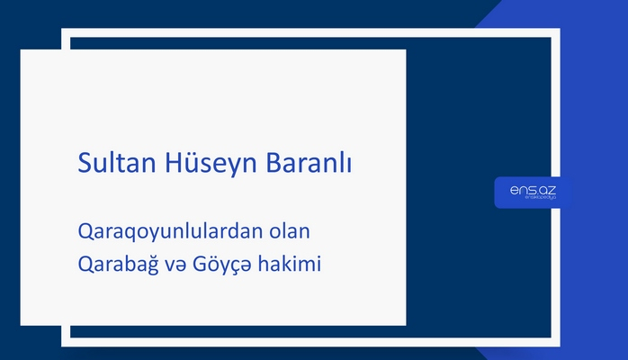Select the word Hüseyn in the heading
pos(212,166)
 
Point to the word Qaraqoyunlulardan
pos(170,232)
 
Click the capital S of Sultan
pos(85,166)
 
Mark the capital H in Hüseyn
pos(175,166)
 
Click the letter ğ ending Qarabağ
pos(151,267)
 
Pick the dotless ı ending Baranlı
pos(349,166)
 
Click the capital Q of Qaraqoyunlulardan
pos(85,232)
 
